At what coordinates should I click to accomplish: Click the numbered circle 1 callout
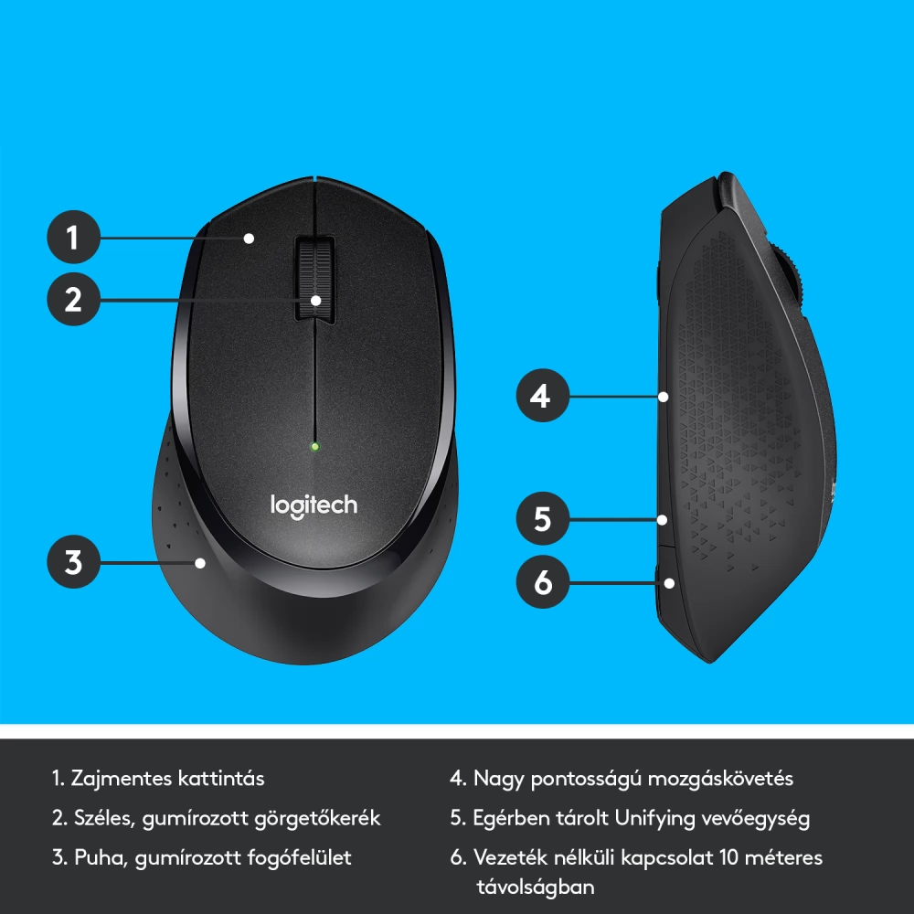pos(73,238)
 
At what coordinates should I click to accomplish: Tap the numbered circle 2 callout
pos(73,299)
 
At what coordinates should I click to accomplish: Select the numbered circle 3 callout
pos(73,562)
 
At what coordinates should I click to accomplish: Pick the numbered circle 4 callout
pos(543,396)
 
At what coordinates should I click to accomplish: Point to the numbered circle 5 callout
pos(543,519)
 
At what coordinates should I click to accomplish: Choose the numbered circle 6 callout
pos(543,581)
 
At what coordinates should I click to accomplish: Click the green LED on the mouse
pos(314,447)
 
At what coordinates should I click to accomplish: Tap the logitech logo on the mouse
pos(314,506)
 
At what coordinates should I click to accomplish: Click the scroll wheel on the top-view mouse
pos(314,279)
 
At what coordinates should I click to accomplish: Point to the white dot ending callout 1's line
pos(249,238)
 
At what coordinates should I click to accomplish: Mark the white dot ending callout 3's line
pos(200,563)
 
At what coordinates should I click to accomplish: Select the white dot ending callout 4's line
pos(663,397)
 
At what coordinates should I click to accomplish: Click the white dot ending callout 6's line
pos(669,583)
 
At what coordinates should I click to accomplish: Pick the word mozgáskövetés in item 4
pos(720,780)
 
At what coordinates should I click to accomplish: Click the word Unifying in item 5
pos(655,818)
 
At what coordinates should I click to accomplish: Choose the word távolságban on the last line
pos(536,887)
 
